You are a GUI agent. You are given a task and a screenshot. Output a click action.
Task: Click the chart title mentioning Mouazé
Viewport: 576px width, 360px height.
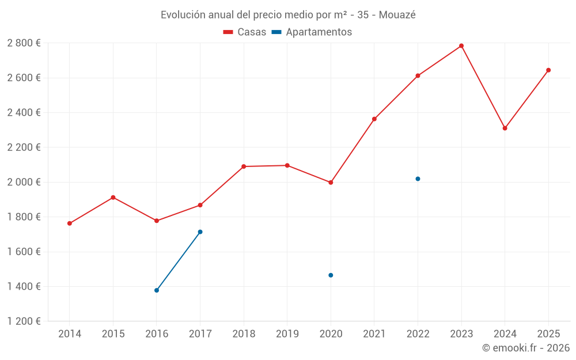[x=288, y=14]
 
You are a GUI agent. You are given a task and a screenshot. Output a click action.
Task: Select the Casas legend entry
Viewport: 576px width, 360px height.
[x=245, y=32]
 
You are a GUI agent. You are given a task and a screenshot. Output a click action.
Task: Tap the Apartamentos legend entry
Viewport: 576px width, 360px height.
[x=312, y=32]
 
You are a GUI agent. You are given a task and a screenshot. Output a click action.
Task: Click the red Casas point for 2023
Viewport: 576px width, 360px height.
[x=461, y=46]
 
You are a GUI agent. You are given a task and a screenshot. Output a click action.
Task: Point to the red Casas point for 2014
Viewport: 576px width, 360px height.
[x=70, y=223]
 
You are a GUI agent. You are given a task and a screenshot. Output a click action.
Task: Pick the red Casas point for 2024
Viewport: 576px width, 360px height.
[x=505, y=128]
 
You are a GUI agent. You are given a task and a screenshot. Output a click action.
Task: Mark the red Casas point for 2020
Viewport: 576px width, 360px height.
[x=331, y=183]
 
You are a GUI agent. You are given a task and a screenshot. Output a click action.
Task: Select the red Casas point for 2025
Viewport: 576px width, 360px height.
[x=548, y=70]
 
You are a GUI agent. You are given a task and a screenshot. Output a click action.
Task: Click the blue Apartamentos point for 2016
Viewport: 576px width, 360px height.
[x=157, y=290]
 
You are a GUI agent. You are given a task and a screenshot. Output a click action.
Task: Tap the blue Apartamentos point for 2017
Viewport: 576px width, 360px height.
[x=200, y=232]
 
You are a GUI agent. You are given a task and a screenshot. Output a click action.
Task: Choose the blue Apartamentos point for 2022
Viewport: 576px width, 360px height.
[x=418, y=179]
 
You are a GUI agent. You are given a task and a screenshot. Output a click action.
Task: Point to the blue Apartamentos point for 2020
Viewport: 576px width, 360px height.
[x=331, y=275]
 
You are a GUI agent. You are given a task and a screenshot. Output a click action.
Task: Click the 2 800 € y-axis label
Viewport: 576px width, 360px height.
[x=24, y=43]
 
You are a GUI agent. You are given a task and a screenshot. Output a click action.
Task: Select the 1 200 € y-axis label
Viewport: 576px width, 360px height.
[x=24, y=321]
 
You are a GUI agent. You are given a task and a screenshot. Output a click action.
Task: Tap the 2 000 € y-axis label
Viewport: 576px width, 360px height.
[x=24, y=182]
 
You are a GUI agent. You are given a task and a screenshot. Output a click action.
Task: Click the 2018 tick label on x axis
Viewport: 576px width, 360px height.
[x=244, y=334]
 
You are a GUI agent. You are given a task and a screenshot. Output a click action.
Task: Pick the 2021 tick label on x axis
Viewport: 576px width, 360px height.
[x=374, y=334]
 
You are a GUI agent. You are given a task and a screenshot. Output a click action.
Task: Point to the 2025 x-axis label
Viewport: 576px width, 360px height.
[x=548, y=334]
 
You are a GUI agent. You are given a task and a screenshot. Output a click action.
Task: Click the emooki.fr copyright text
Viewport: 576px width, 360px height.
[x=525, y=348]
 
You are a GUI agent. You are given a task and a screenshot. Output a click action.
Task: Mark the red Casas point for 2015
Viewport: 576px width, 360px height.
[x=113, y=198]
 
